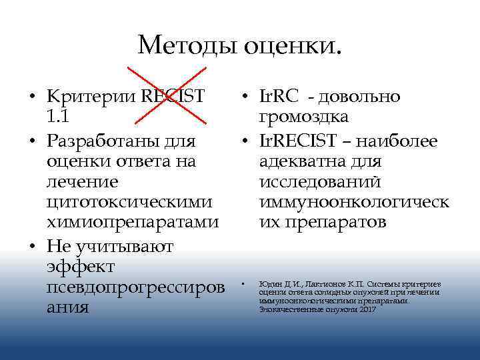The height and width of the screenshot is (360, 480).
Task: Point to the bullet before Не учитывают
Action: [x=32, y=247]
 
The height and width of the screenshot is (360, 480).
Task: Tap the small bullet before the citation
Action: [x=244, y=284]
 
